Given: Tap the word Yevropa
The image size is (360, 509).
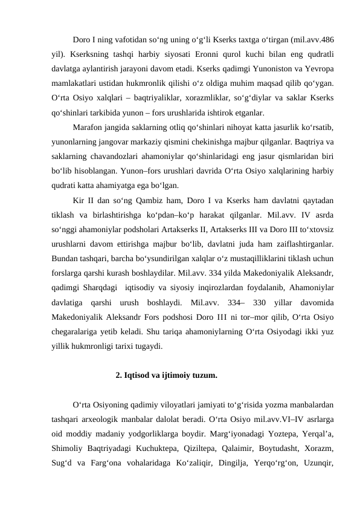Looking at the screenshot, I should tap(319, 68).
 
